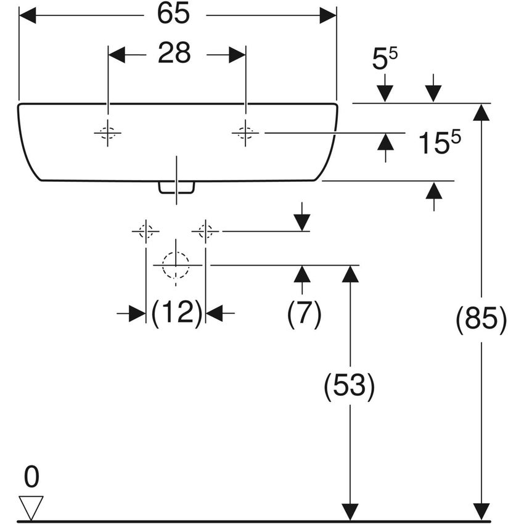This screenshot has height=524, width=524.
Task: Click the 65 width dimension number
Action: tap(173, 15)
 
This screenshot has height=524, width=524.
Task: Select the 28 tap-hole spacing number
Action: tap(174, 54)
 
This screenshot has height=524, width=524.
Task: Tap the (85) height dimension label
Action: tap(481, 320)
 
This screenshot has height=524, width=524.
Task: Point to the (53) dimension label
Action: tap(350, 387)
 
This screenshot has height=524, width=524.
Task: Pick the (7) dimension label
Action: tap(304, 314)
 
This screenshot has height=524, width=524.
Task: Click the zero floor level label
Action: tap(31, 477)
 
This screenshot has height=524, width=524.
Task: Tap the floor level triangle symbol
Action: tap(31, 507)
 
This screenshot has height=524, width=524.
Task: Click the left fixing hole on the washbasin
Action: tap(108, 133)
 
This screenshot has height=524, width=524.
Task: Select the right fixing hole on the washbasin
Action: tap(245, 132)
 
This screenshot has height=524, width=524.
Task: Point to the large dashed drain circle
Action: tap(176, 265)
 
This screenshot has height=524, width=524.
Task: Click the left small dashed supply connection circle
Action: tap(145, 231)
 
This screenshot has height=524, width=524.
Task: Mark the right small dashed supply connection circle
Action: tap(205, 231)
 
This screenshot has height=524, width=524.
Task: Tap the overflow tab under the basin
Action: tap(177, 187)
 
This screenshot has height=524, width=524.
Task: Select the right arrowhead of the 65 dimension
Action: tap(328, 15)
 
